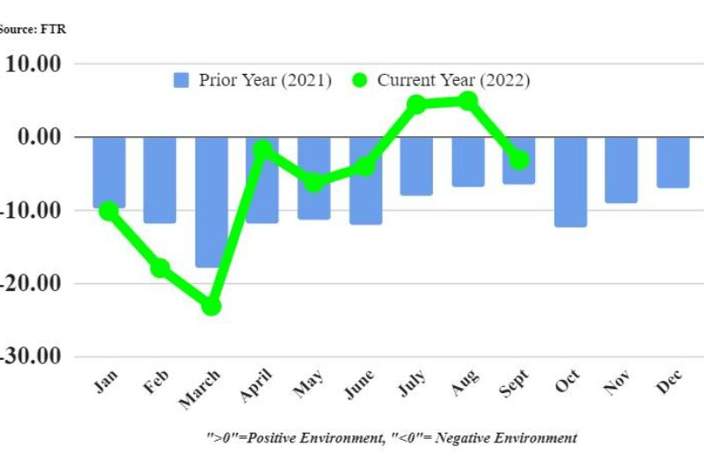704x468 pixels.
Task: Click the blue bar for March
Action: pos(211,201)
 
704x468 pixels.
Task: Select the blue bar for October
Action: pos(570,181)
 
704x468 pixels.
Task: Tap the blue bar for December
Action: pos(673,162)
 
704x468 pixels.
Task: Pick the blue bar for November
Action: pos(621,170)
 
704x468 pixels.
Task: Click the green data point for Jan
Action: pos(108,211)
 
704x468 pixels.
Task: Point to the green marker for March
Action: pos(211,306)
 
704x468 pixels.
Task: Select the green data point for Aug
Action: pos(468,101)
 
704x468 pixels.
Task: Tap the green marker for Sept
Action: pos(519,160)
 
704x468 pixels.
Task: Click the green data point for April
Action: pos(262,150)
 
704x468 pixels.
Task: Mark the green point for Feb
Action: pos(160,268)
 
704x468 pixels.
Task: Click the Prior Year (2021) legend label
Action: pos(265,80)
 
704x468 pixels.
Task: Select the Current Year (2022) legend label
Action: pos(453,80)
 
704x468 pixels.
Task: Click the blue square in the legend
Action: pos(182,80)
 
